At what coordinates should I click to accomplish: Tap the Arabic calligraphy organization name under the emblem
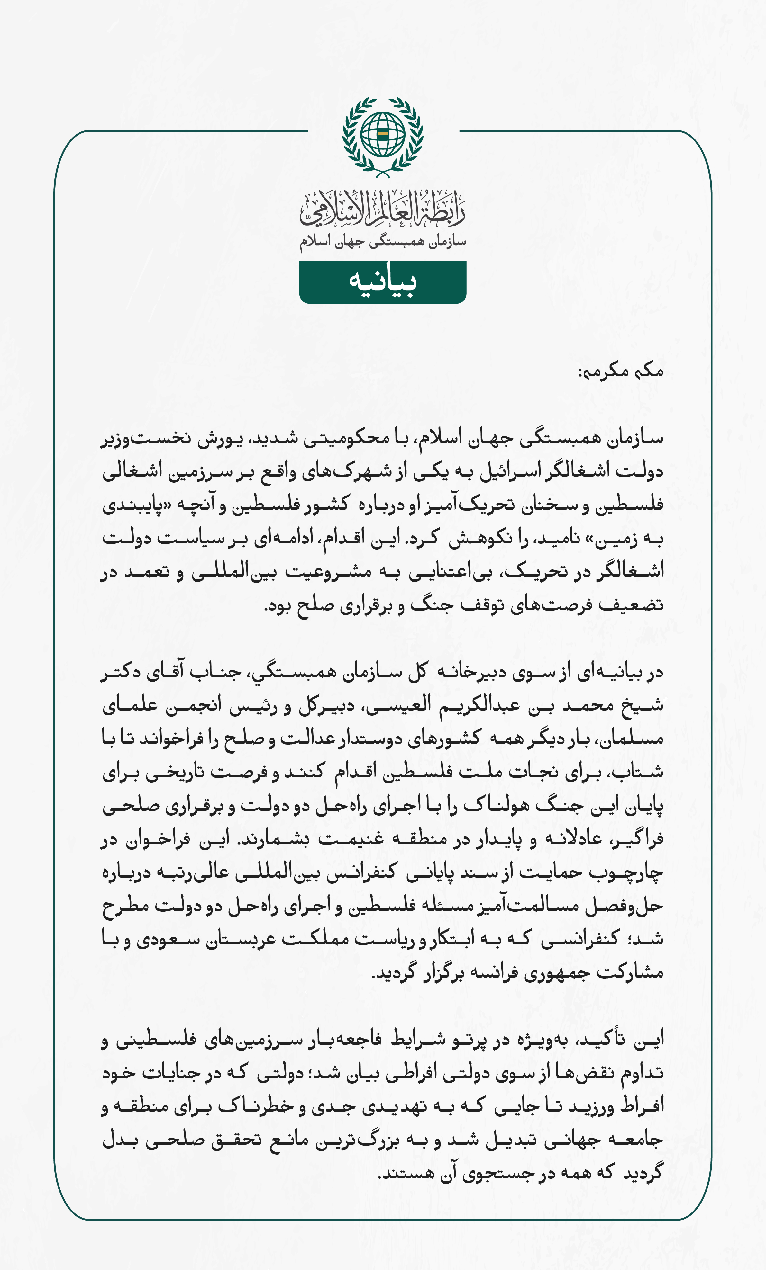coord(383,209)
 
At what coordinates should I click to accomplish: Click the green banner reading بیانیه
coord(383,282)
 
